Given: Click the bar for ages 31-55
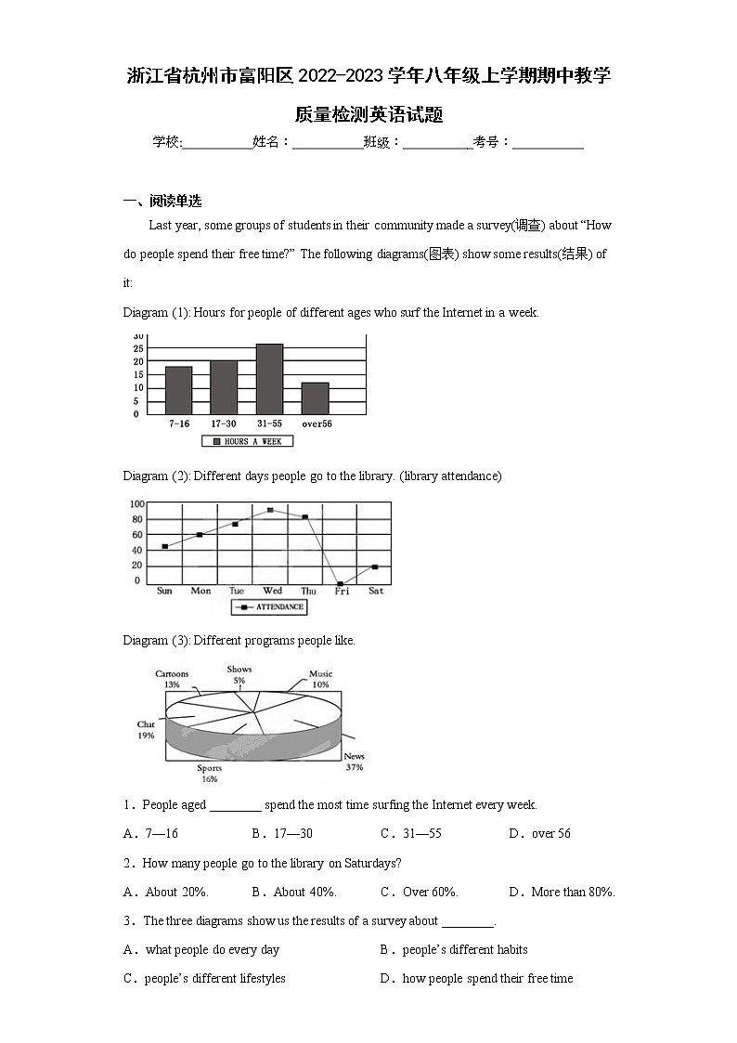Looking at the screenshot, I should tap(269, 379).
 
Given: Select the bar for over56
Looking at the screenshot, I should tap(315, 398).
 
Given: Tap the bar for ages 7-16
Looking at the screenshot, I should tap(178, 390).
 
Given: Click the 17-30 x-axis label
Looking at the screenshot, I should tap(224, 424).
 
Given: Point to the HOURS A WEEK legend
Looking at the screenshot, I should tap(247, 441).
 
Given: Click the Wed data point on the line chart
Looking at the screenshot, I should tap(270, 510).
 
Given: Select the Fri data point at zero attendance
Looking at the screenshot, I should tap(341, 584).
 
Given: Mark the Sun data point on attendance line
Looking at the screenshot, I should tap(164, 546).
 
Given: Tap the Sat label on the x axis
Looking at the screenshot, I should tap(375, 591).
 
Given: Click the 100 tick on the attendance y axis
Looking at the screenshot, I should tap(136, 504).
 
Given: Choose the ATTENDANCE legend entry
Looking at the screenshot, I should tap(268, 606).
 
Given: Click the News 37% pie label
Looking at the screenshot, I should tap(354, 763).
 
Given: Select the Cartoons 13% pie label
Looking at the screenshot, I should tap(172, 679).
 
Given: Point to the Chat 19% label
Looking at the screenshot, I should tap(146, 729).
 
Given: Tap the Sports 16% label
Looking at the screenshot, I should tap(209, 773).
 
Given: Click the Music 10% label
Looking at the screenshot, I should tap(320, 679).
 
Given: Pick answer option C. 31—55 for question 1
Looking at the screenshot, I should tap(411, 833).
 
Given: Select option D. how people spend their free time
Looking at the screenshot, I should tap(477, 978).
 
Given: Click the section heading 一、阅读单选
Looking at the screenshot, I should tap(163, 202).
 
